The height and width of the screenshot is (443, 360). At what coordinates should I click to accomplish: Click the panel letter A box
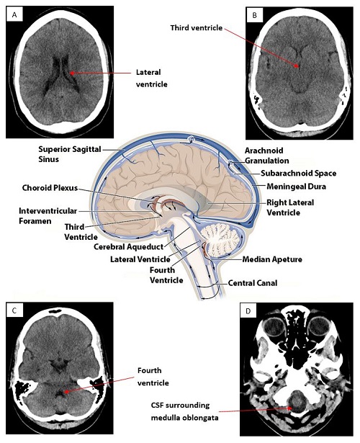pyautogui.click(x=14, y=15)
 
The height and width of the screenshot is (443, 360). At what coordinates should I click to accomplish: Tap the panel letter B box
pyautogui.click(x=254, y=15)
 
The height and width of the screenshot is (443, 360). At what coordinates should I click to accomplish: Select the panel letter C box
pyautogui.click(x=14, y=310)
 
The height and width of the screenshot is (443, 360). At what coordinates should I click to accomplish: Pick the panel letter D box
pyautogui.click(x=248, y=310)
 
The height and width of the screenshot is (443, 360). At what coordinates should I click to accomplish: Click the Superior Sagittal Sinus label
pyautogui.click(x=70, y=154)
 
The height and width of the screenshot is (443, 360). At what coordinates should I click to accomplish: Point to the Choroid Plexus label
pyautogui.click(x=50, y=188)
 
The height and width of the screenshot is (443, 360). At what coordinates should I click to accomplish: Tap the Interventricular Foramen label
pyautogui.click(x=48, y=216)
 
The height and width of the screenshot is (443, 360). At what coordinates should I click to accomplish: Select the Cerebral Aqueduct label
pyautogui.click(x=128, y=246)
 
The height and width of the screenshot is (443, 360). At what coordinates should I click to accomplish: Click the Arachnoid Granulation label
pyautogui.click(x=266, y=156)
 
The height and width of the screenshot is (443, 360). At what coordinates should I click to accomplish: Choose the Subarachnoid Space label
pyautogui.click(x=298, y=173)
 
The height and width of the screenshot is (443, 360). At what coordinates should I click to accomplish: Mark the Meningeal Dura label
pyautogui.click(x=296, y=187)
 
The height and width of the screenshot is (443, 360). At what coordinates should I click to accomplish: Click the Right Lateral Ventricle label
pyautogui.click(x=290, y=207)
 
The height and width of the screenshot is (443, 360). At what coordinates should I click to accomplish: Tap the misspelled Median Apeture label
pyautogui.click(x=272, y=259)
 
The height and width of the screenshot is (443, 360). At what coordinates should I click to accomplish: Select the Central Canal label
pyautogui.click(x=253, y=283)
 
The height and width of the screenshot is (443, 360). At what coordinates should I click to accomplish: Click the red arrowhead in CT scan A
pyautogui.click(x=72, y=73)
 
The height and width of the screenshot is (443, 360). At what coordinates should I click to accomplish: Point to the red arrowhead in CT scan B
pyautogui.click(x=296, y=66)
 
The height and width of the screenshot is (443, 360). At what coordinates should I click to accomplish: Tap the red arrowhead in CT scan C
pyautogui.click(x=66, y=392)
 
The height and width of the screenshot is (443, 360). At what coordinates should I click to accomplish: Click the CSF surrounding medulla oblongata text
pyautogui.click(x=184, y=411)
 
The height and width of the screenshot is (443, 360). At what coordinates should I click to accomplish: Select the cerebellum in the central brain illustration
pyautogui.click(x=221, y=239)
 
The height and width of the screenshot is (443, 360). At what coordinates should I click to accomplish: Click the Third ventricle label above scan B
pyautogui.click(x=197, y=27)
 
